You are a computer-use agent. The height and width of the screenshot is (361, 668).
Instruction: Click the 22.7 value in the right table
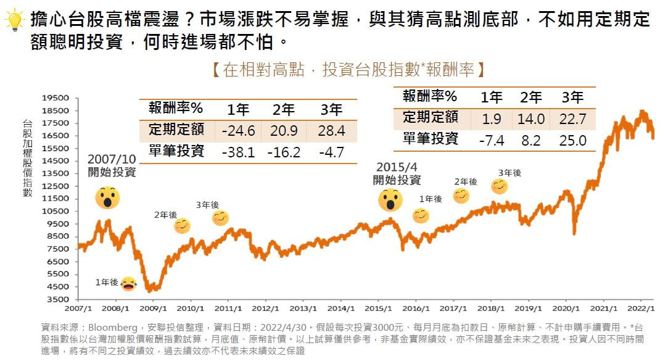tap(573, 118)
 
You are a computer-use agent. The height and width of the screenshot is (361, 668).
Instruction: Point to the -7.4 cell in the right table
tap(492, 140)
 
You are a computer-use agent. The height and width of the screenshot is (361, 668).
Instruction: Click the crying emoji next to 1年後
tap(128, 283)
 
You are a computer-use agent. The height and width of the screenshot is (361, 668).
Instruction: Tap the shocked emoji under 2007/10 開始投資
tap(107, 197)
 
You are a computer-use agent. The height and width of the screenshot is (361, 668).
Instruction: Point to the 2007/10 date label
tap(112, 159)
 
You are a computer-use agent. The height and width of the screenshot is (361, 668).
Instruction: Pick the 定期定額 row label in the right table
tap(431, 118)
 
